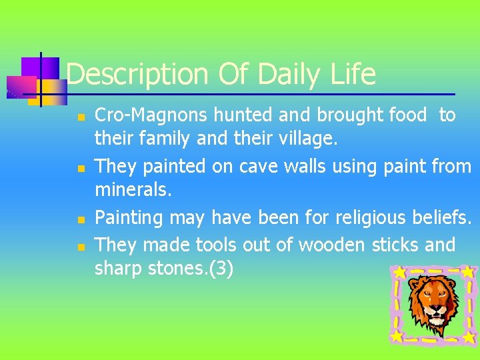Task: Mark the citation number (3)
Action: pos(219,270)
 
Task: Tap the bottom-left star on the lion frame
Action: pos(397,337)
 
